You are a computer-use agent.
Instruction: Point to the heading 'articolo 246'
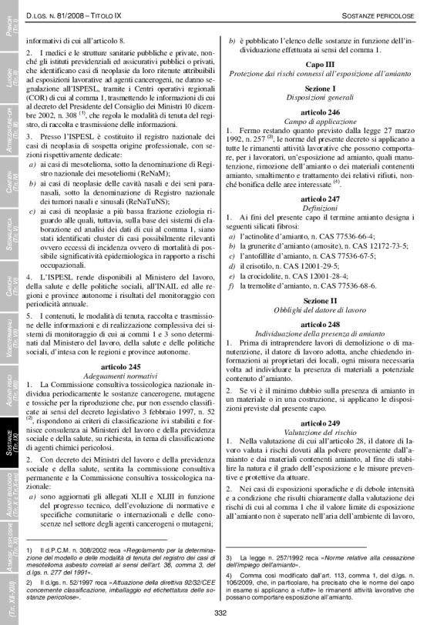pos(319,112)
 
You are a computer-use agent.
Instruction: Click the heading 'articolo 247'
pos(319,198)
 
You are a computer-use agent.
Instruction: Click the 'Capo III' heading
pos(319,65)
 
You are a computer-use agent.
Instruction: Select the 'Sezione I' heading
pos(319,89)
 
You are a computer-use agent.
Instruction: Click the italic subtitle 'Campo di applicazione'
pos(319,122)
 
